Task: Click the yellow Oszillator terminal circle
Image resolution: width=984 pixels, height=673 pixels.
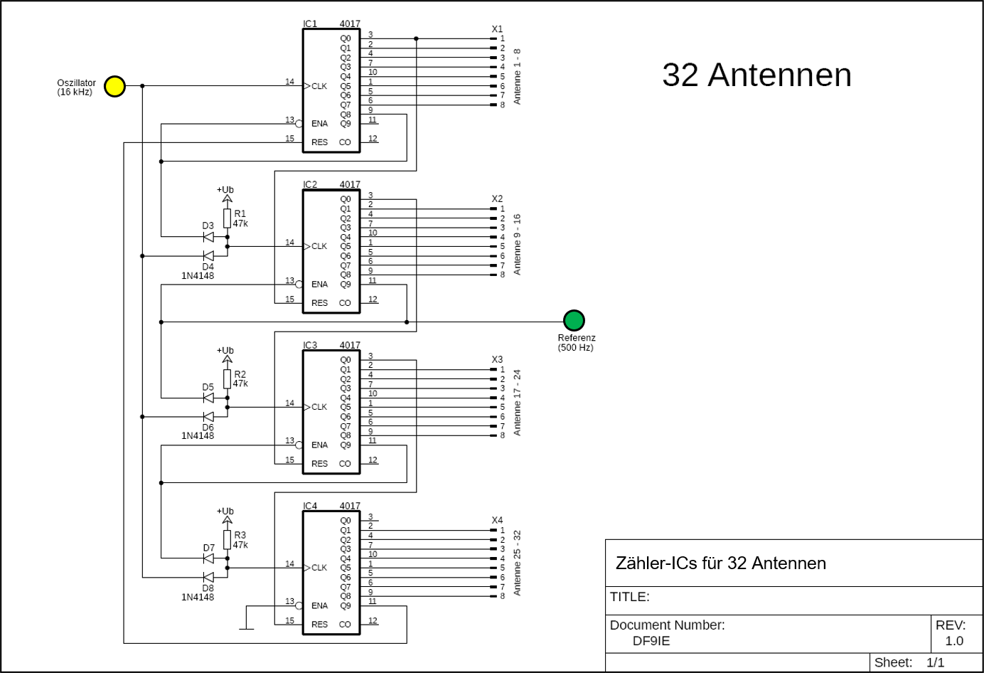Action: click(x=114, y=86)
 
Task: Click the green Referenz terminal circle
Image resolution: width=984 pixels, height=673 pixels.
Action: click(x=574, y=320)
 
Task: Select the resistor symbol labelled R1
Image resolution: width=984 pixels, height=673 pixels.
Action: click(x=228, y=218)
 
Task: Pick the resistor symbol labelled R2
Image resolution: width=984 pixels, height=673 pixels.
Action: click(x=228, y=378)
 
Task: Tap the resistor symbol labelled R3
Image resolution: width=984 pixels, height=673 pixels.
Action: click(x=228, y=539)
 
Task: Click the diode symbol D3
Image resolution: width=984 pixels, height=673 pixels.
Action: click(x=208, y=237)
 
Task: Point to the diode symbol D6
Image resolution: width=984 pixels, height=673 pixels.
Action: click(x=208, y=417)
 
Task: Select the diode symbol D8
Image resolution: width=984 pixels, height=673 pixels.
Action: click(x=208, y=577)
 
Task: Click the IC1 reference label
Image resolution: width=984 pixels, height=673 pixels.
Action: click(x=310, y=24)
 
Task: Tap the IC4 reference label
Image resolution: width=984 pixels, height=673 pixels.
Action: click(x=310, y=507)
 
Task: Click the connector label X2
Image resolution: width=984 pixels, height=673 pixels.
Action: click(x=497, y=199)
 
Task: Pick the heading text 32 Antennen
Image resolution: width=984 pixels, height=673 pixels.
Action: click(x=756, y=75)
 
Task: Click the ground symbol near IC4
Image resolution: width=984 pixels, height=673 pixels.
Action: click(x=246, y=628)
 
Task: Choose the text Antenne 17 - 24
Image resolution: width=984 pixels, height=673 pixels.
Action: click(x=518, y=403)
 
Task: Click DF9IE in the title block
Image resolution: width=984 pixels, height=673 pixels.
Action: click(x=651, y=641)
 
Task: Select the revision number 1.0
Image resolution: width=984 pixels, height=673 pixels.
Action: click(x=954, y=641)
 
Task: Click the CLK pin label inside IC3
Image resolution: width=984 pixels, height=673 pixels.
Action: click(x=319, y=407)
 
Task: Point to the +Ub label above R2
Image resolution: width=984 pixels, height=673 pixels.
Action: click(x=225, y=351)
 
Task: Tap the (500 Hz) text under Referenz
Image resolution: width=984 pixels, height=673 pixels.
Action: click(x=576, y=348)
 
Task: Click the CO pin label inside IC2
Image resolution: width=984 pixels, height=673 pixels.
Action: click(x=345, y=303)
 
